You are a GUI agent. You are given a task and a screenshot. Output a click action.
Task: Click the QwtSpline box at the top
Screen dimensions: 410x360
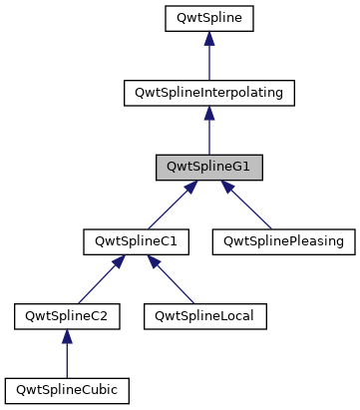coord(208,17)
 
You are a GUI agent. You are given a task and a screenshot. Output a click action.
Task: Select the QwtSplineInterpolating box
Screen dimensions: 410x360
coord(208,92)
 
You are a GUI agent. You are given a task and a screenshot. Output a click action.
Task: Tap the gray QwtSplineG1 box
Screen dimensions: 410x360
coord(208,167)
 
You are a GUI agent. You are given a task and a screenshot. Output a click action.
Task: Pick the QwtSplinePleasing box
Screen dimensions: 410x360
coord(283,241)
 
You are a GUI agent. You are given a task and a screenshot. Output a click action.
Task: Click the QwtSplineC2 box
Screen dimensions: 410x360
coord(66,316)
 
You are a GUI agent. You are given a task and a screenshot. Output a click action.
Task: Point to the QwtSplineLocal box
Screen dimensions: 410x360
coord(198,316)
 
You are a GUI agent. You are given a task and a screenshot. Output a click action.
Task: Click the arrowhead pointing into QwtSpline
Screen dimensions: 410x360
coord(208,38)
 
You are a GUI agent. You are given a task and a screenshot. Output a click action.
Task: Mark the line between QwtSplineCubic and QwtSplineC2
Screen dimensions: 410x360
coord(66,357)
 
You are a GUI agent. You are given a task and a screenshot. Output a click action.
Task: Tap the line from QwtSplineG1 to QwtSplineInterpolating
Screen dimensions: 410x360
coord(208,135)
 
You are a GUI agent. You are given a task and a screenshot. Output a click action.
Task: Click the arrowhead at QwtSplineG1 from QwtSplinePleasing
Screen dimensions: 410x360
coord(228,187)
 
